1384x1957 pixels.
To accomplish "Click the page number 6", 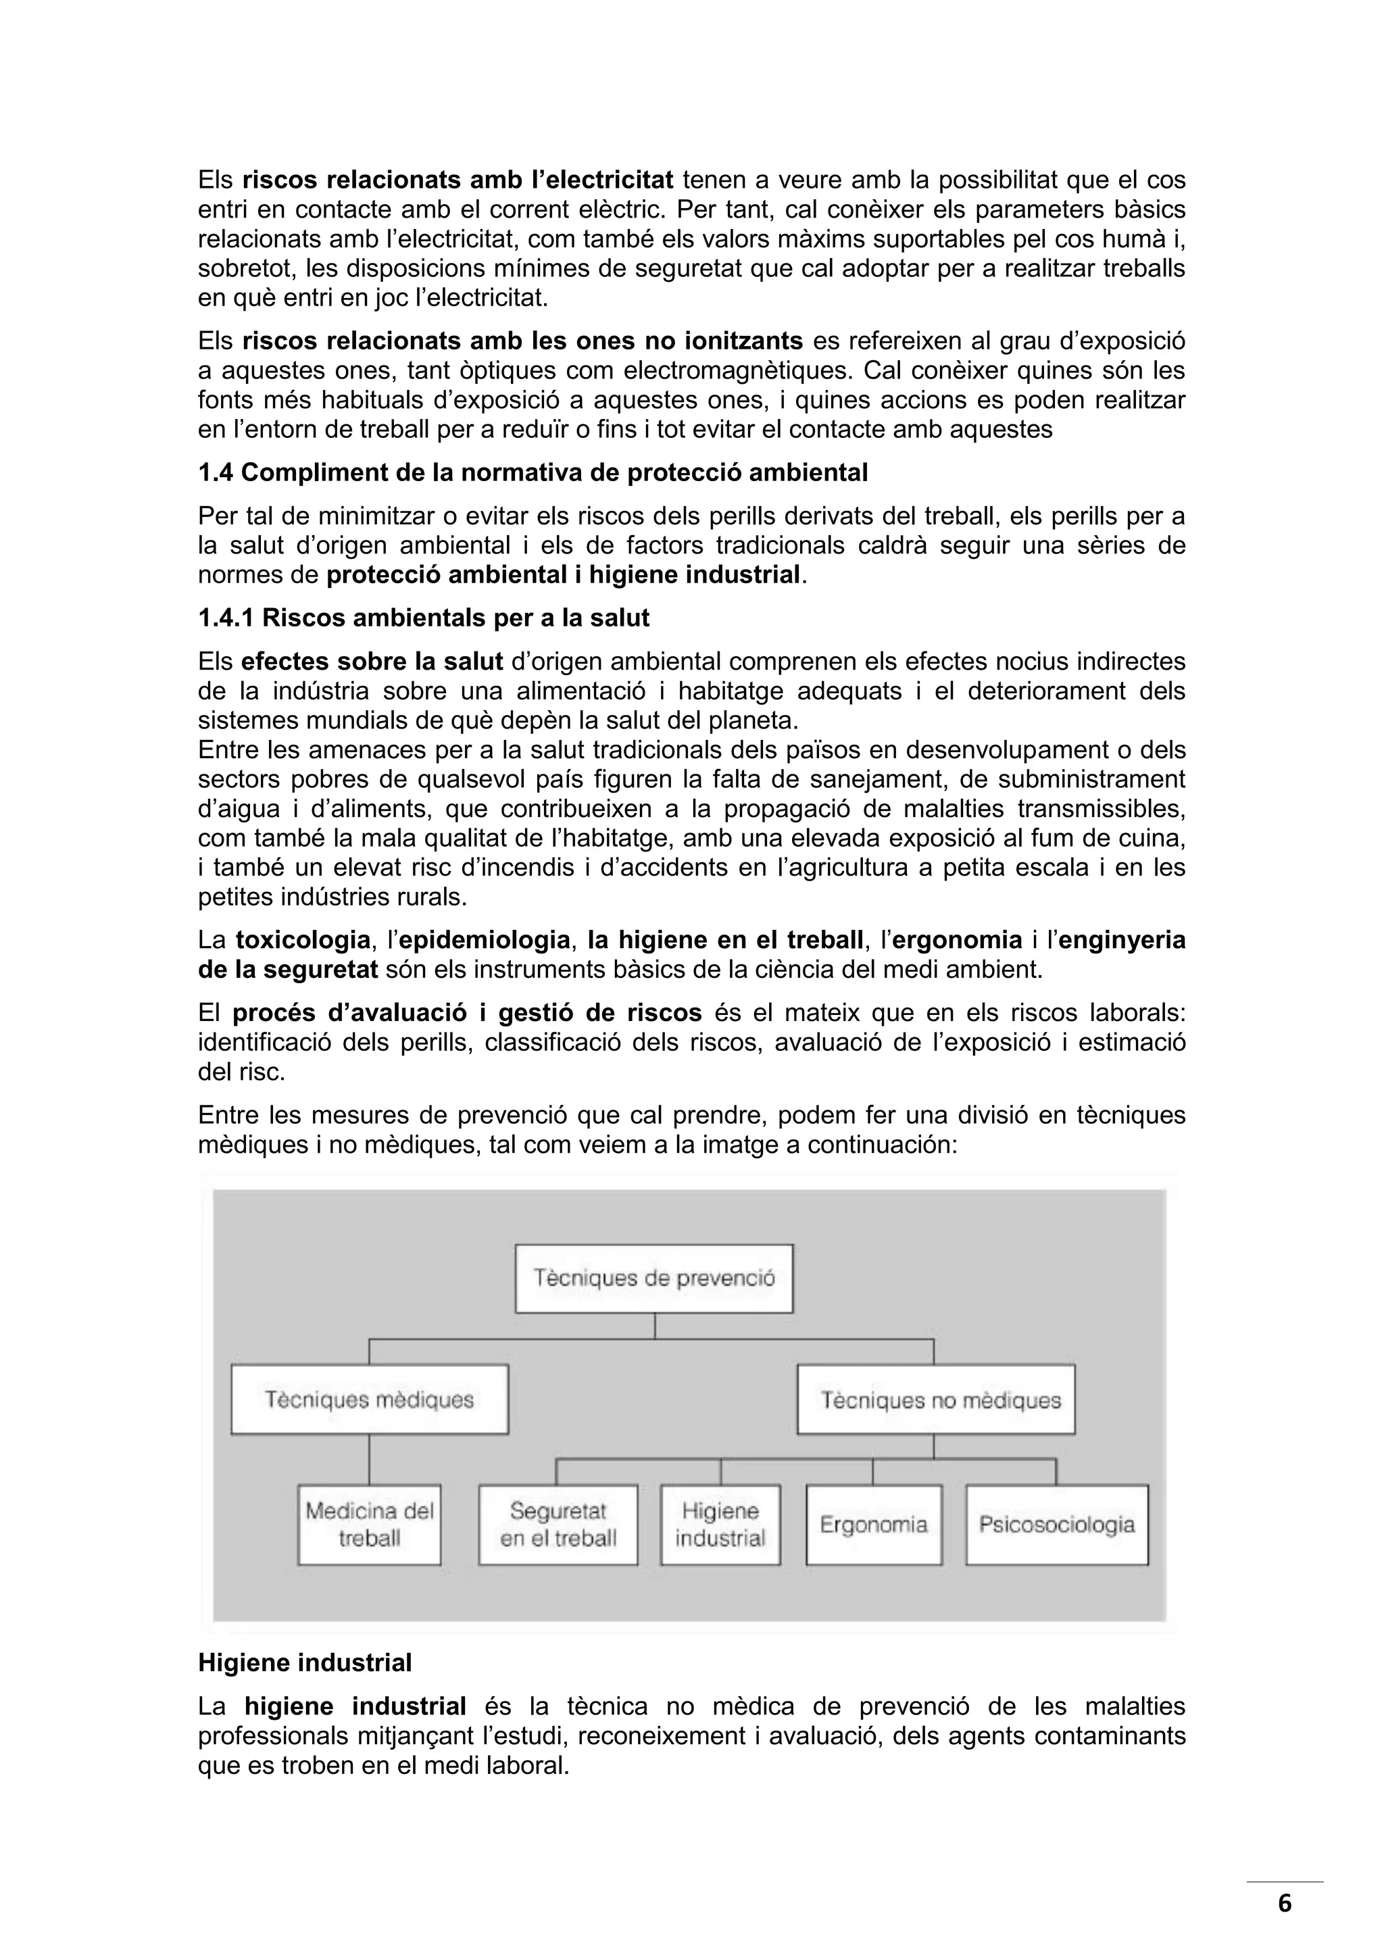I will [x=1284, y=1904].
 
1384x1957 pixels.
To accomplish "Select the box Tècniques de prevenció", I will [x=653, y=1279].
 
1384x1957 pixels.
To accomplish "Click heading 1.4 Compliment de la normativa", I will [x=533, y=472].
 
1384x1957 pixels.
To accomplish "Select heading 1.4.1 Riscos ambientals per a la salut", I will [x=424, y=618].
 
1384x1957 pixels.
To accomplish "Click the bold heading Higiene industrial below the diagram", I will [x=304, y=1663].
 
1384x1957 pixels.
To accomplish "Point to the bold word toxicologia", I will [x=303, y=940].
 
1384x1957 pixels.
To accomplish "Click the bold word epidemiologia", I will [x=484, y=940].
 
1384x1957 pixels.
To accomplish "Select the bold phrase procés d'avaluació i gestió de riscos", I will [x=467, y=1012].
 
